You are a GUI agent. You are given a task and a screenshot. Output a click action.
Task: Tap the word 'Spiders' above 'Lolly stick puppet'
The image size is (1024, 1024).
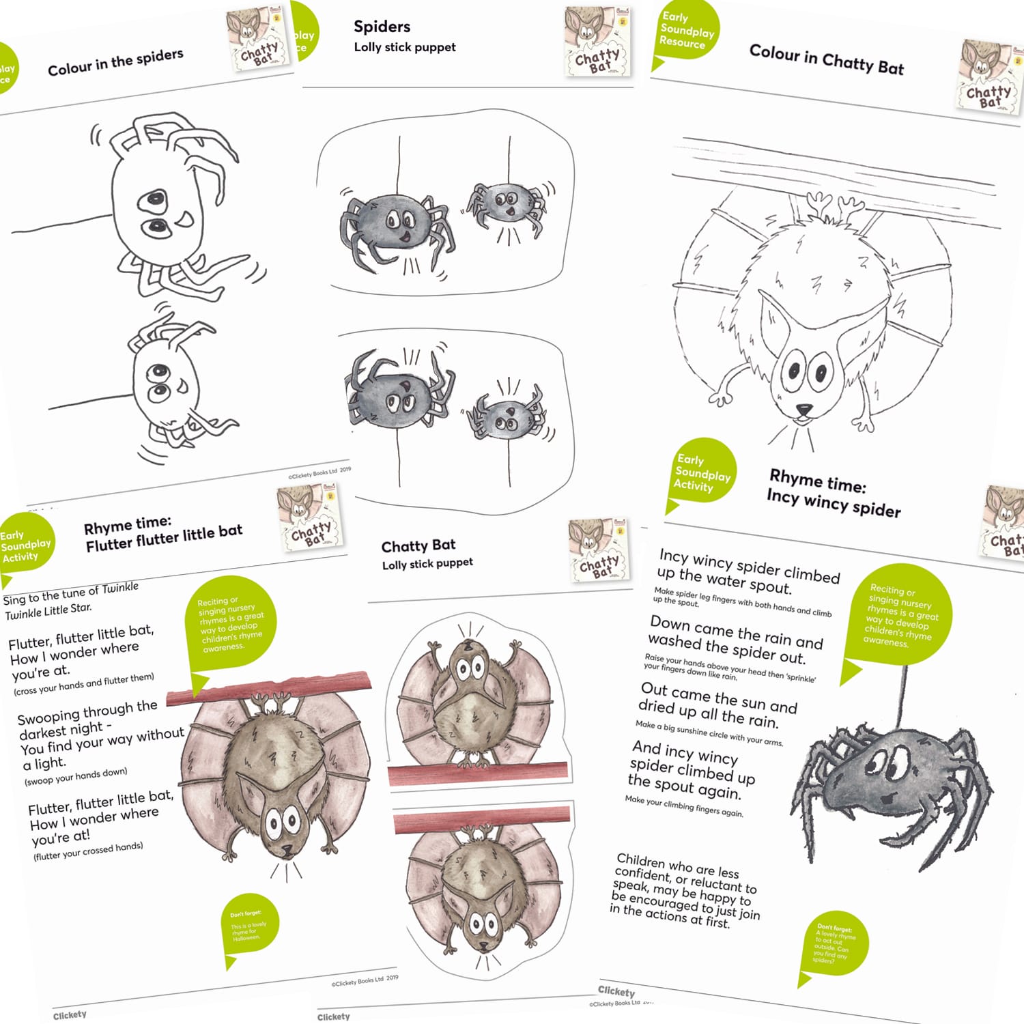382,27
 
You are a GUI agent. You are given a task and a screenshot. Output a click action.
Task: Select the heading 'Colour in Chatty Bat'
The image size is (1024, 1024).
826,59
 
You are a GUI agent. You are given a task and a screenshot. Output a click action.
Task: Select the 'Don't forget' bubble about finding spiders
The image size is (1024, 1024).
832,945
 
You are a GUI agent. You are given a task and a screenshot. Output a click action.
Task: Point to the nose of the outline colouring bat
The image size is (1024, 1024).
804,410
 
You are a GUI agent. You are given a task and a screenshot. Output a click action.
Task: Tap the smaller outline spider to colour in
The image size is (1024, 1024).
171,382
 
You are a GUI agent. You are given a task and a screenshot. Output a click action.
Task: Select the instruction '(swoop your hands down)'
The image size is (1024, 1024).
76,777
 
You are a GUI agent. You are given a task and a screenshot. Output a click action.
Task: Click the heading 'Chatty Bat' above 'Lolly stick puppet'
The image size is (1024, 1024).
418,545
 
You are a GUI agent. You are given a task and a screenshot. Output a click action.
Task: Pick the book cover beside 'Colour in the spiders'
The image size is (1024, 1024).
258,40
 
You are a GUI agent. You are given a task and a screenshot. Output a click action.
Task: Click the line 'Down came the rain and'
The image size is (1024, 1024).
736,631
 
